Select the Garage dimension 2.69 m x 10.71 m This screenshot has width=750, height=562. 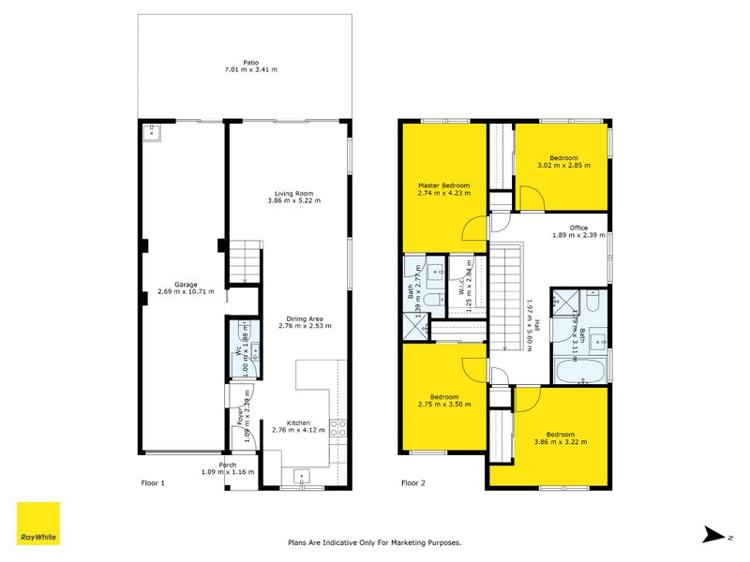[x=187, y=291]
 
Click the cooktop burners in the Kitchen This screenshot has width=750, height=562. [x=338, y=428]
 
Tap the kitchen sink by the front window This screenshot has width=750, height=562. [x=301, y=473]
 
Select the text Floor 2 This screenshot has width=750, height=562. [x=413, y=484]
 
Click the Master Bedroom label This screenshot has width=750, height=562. [x=444, y=185]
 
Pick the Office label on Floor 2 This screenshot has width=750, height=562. [x=577, y=228]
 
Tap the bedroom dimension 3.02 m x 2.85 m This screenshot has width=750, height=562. [x=563, y=166]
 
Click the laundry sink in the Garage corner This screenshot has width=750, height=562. [x=151, y=132]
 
